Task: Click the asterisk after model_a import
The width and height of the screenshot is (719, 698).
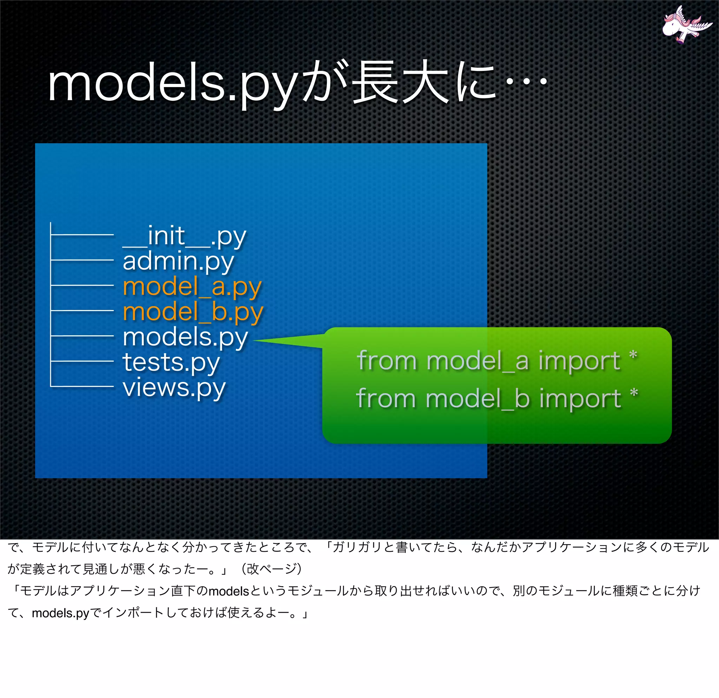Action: tap(633, 355)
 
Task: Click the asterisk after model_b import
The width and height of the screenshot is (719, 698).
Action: tap(634, 393)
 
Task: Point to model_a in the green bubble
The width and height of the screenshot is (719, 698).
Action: tap(477, 361)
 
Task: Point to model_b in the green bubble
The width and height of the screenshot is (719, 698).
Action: tap(477, 399)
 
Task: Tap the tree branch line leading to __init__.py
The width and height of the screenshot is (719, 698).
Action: tap(82, 235)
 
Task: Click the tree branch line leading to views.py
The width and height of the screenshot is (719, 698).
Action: tap(82, 386)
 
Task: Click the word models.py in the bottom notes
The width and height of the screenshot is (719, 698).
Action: tap(60, 613)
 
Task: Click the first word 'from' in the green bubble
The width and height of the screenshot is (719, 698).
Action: tap(387, 361)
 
